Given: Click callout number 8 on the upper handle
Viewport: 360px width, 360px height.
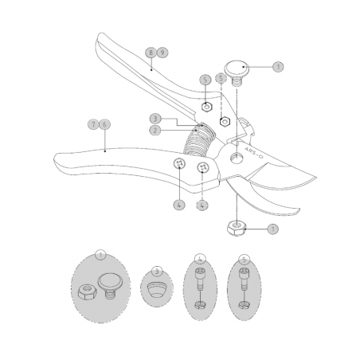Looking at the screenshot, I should pyautogui.click(x=149, y=53).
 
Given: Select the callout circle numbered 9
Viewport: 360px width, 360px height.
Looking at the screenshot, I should pyautogui.click(x=162, y=53).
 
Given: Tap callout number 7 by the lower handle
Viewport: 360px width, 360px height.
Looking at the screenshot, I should pyautogui.click(x=93, y=125).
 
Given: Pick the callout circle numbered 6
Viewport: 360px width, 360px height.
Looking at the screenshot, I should pyautogui.click(x=105, y=125).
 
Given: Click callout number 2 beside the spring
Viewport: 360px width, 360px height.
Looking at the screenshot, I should pyautogui.click(x=157, y=131).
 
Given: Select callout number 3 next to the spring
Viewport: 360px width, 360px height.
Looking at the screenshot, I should pyautogui.click(x=157, y=119).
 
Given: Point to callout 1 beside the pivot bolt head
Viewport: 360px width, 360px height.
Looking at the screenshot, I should pyautogui.click(x=276, y=68).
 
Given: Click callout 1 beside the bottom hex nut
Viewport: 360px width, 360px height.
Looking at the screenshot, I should pyautogui.click(x=274, y=229).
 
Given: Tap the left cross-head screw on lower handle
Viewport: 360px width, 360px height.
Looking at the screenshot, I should pyautogui.click(x=179, y=163).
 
